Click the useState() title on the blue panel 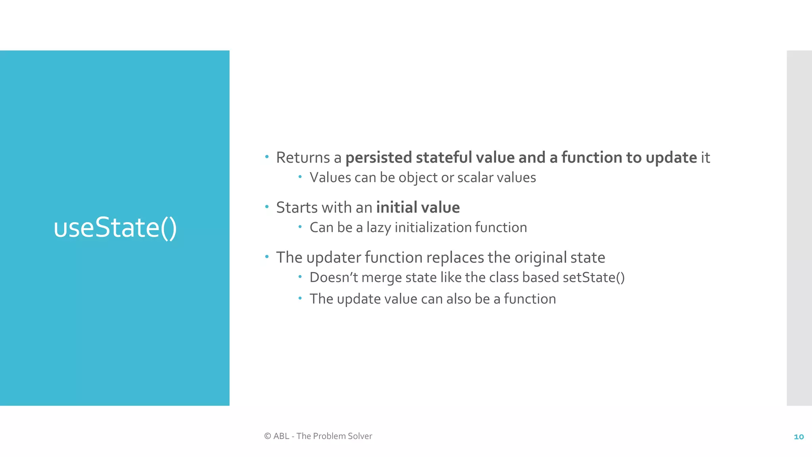[115, 228]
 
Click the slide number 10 [799, 437]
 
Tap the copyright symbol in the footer [268, 436]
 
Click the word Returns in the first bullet [303, 157]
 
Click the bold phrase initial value [418, 207]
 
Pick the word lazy [379, 228]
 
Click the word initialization [433, 228]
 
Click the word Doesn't [334, 277]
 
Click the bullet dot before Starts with [267, 206]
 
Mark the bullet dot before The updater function [267, 256]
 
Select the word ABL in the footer [281, 436]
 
